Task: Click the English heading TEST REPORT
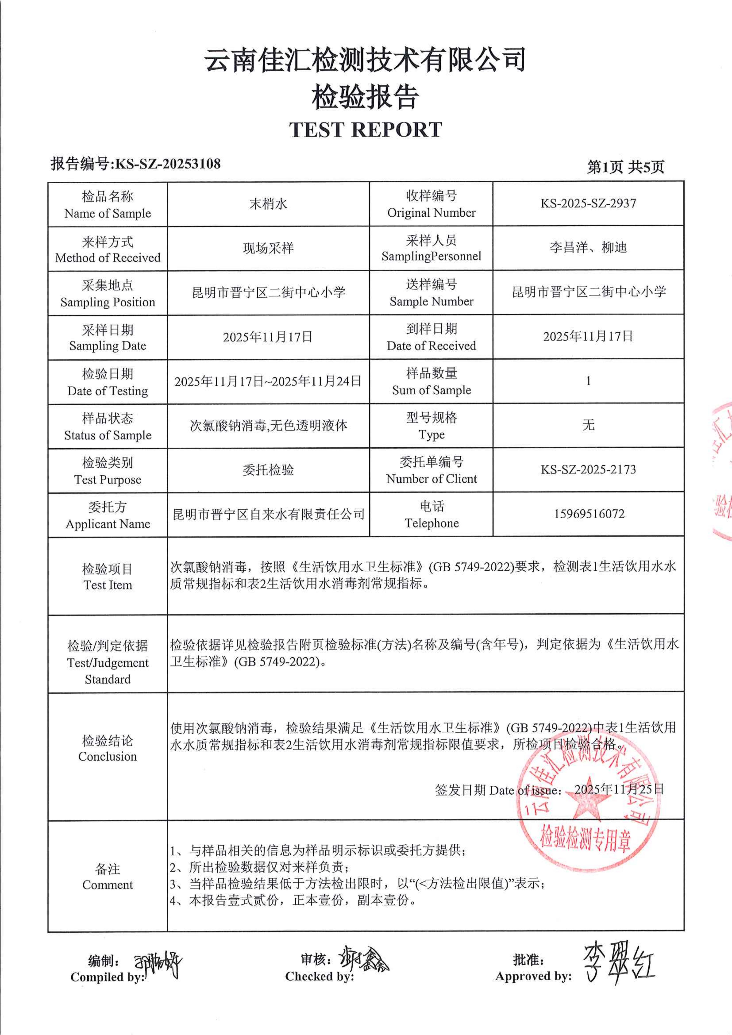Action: (x=366, y=130)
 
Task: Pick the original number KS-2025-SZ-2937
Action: (x=588, y=203)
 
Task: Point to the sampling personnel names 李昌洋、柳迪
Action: (x=588, y=247)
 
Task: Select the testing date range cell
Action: (x=268, y=381)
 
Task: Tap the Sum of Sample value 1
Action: (x=588, y=381)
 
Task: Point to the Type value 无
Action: (x=588, y=425)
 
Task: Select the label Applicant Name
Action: (x=108, y=524)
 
